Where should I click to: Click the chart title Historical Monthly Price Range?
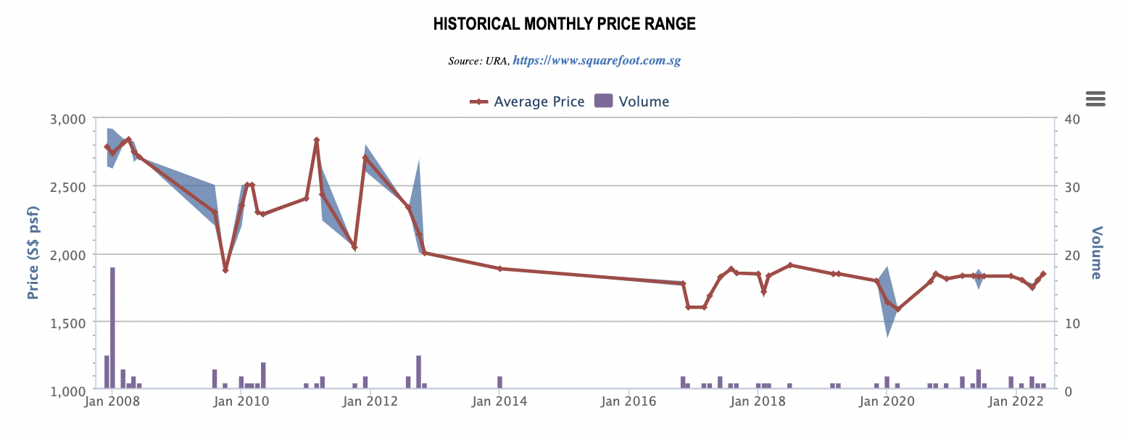tap(564, 24)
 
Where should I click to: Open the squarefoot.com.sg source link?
tap(597, 61)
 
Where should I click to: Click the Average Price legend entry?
tap(527, 101)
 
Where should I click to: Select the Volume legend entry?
tap(631, 101)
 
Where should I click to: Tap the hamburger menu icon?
tap(1095, 99)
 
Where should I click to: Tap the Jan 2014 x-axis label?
tap(499, 401)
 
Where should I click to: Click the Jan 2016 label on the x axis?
tap(629, 401)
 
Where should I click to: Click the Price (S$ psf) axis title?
tap(33, 253)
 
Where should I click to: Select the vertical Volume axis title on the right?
tap(1095, 253)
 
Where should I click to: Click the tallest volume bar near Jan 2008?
tap(112, 326)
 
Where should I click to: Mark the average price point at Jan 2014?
tap(499, 268)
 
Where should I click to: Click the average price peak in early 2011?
tap(317, 140)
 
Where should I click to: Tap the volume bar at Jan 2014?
tap(499, 382)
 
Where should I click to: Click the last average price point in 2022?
tap(1043, 274)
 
